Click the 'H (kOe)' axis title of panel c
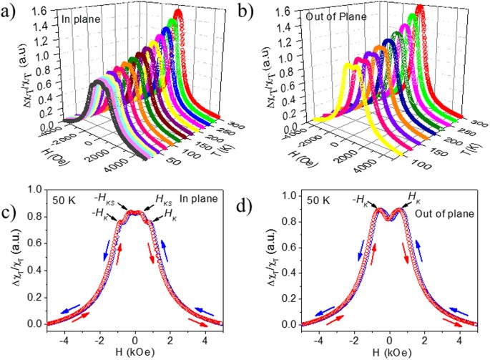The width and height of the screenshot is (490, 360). [x=135, y=352]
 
